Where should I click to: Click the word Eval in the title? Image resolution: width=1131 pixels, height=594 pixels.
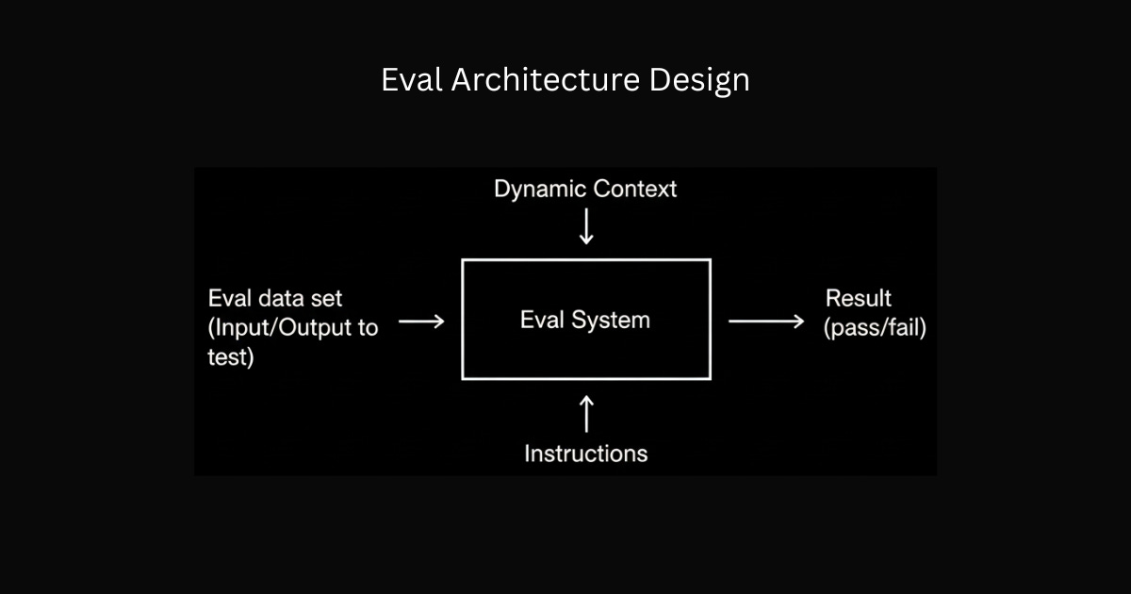click(412, 80)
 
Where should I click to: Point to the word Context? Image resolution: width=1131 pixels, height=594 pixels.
click(635, 190)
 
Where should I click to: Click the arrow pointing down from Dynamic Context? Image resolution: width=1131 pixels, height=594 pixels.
click(586, 227)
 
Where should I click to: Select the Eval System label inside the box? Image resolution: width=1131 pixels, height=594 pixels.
click(585, 320)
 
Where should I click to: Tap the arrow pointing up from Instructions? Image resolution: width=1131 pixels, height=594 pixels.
click(586, 414)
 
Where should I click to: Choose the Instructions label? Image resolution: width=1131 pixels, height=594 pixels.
click(586, 454)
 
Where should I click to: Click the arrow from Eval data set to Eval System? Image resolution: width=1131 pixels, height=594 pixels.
click(421, 322)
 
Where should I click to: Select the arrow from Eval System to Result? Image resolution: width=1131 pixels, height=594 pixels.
click(766, 322)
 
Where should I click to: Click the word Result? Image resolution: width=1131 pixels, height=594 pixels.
click(859, 299)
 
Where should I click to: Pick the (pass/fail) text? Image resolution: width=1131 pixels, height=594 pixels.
click(875, 329)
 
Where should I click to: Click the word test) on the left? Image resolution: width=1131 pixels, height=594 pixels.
click(231, 357)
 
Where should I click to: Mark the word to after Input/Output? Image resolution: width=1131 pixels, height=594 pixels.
click(368, 328)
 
